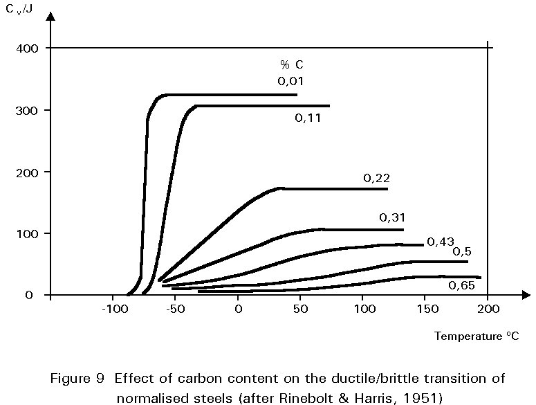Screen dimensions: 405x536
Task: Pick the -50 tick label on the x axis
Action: click(x=176, y=309)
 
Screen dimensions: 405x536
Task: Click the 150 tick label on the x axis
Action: click(x=426, y=309)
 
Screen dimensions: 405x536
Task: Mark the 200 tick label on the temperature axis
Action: click(x=488, y=309)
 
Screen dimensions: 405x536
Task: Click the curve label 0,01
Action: click(x=291, y=81)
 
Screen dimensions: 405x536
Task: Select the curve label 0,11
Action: click(x=308, y=118)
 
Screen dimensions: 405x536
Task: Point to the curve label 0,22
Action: click(x=377, y=179)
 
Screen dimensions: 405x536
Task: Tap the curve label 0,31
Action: click(x=392, y=218)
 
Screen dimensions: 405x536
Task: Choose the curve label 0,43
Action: click(x=440, y=242)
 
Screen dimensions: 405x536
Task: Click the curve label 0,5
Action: click(x=461, y=251)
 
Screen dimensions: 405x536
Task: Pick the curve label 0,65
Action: click(x=461, y=285)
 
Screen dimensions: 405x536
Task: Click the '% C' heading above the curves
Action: click(x=291, y=64)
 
